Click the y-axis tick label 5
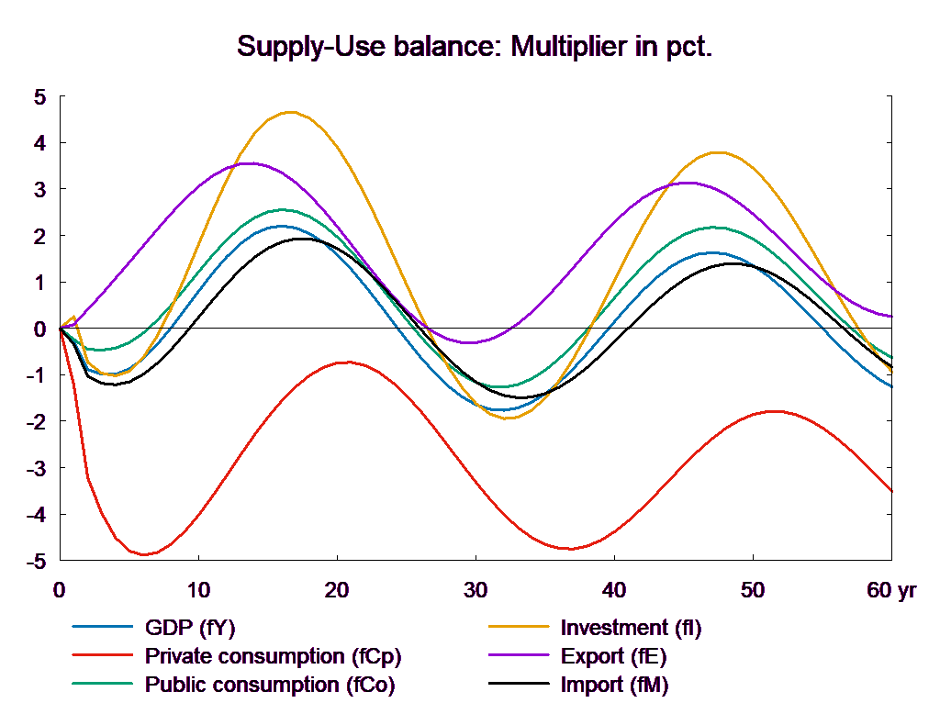click(39, 97)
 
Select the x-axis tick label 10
click(199, 591)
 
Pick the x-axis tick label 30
click(476, 591)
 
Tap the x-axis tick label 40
click(614, 591)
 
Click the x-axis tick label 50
click(753, 591)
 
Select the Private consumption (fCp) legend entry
click(274, 656)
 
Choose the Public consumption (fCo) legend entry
click(270, 685)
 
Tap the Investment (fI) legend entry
click(631, 628)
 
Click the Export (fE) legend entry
click(613, 656)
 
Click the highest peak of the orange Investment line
click(291, 112)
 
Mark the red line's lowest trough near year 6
click(144, 554)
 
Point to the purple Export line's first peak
click(249, 163)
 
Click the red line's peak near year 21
click(347, 363)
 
